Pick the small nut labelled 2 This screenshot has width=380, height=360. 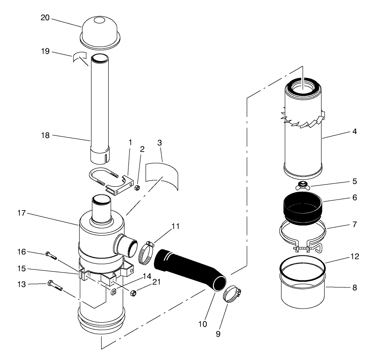point(137,189)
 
